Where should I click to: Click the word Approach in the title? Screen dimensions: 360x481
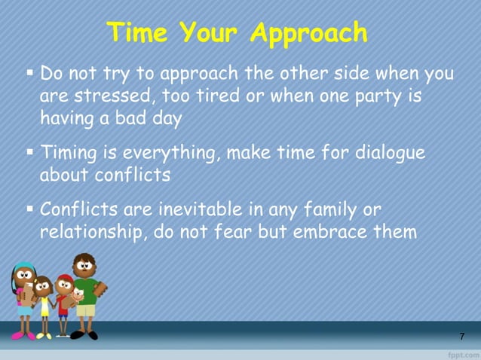point(309,34)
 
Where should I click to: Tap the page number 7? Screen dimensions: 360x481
point(461,336)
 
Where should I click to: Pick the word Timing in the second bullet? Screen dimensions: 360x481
point(68,153)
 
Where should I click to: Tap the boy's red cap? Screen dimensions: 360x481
point(65,278)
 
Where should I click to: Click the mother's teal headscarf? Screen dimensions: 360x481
point(24,267)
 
